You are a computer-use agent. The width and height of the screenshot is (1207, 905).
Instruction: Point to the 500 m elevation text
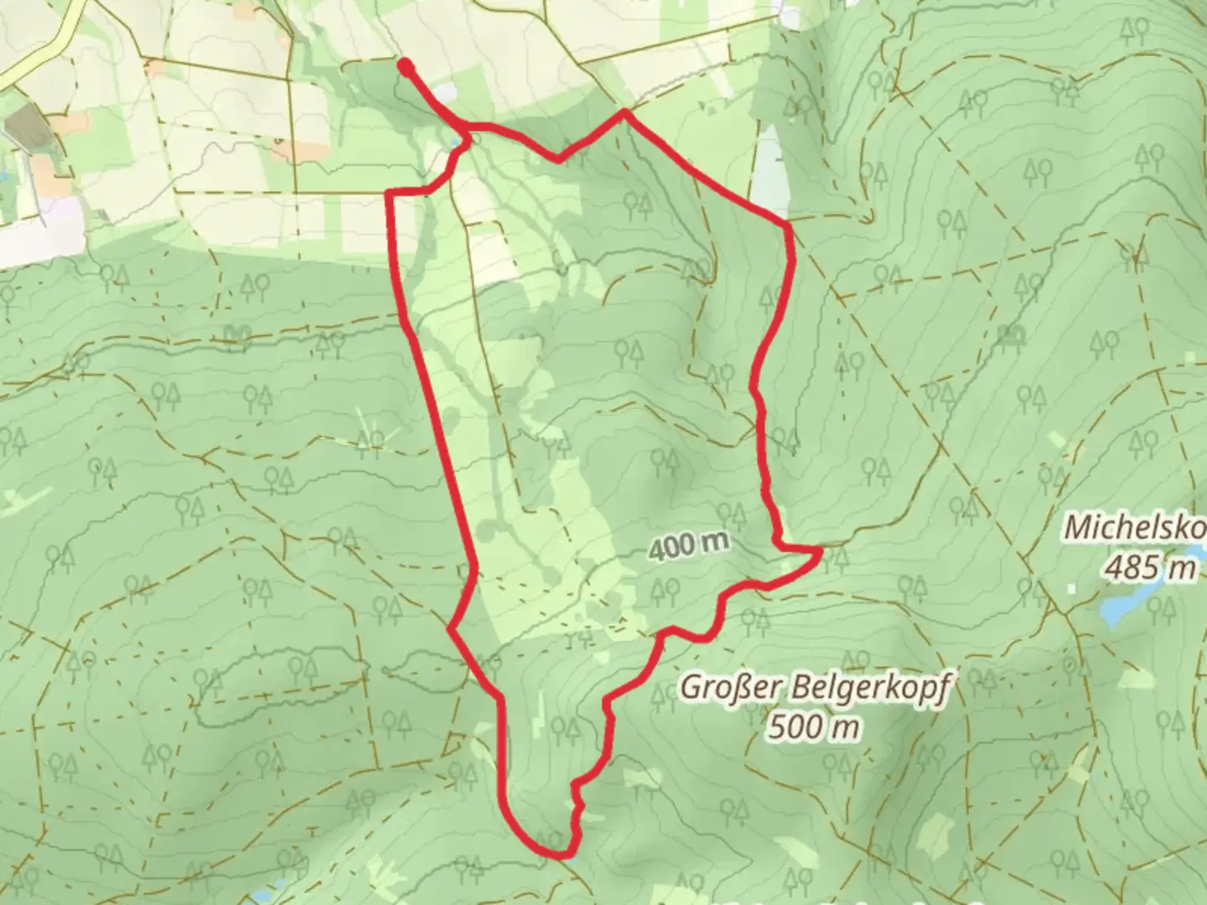click(x=813, y=727)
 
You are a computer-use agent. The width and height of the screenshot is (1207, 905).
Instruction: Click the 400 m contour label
click(x=688, y=546)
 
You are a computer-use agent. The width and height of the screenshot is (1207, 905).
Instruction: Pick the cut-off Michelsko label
click(x=1135, y=529)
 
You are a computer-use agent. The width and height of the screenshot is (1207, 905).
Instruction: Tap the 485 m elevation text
click(x=1150, y=568)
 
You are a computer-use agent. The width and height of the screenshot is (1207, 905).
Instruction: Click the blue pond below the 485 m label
click(x=1123, y=607)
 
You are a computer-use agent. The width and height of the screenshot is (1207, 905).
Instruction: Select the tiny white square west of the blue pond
click(x=1071, y=588)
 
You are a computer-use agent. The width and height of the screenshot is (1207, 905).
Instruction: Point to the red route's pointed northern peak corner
click(x=624, y=111)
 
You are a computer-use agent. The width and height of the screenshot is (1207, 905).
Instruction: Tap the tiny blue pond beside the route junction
click(x=455, y=143)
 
